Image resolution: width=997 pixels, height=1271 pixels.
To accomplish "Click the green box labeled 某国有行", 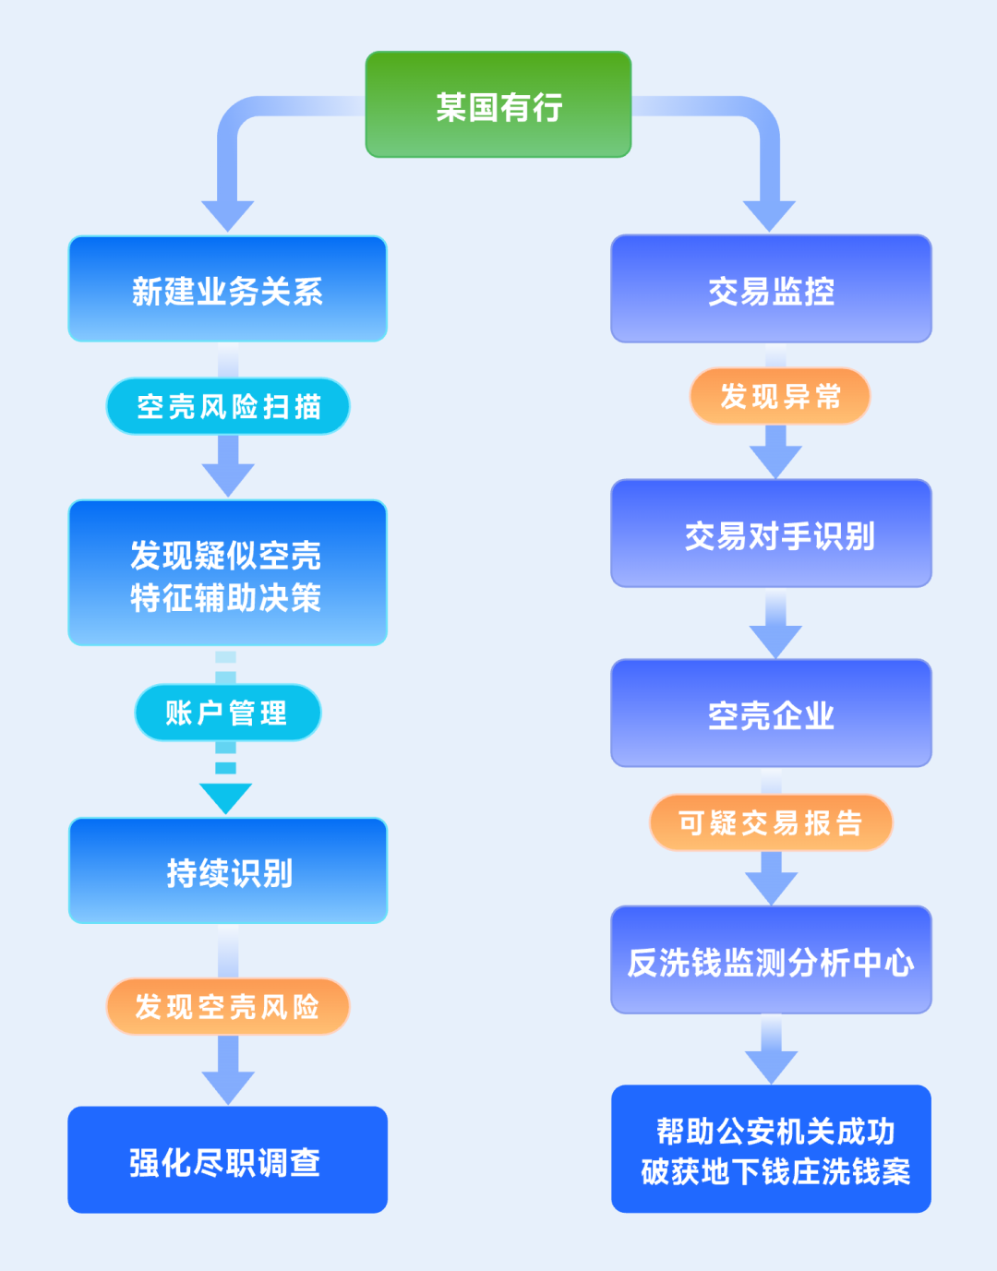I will tap(498, 105).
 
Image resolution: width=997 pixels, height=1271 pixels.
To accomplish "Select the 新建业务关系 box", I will tap(227, 290).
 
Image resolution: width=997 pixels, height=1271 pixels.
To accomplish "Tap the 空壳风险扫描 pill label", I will tap(228, 406).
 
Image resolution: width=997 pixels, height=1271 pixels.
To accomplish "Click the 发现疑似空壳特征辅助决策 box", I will tap(227, 573).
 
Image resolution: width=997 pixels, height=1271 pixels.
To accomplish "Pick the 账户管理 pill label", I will tap(227, 713).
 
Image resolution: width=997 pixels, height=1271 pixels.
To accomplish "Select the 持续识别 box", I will tap(228, 871).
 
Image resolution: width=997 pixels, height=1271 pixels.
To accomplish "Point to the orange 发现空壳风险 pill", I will tap(228, 1006).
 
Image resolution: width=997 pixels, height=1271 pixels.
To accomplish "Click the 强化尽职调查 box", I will tap(227, 1160).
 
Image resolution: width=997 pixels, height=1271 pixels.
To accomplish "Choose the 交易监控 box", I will tap(771, 290).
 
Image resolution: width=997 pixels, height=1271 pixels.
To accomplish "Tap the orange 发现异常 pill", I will tap(780, 396).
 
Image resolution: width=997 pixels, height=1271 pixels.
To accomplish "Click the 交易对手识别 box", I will tap(771, 534).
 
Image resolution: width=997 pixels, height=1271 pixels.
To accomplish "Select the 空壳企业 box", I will tap(771, 713).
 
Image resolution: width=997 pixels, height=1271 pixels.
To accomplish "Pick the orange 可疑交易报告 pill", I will tap(771, 822).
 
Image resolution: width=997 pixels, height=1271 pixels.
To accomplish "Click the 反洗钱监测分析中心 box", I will tap(771, 961).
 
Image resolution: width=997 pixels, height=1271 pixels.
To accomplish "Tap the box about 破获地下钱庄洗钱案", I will tap(771, 1149).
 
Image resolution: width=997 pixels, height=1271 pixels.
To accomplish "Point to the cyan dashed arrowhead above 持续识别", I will tap(226, 797).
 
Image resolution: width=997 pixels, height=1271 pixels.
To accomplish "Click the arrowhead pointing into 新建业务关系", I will tap(228, 215).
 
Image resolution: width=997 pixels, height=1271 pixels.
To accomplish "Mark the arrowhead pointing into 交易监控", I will tap(769, 215).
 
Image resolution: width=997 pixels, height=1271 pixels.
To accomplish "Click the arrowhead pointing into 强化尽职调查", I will tap(228, 1085).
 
